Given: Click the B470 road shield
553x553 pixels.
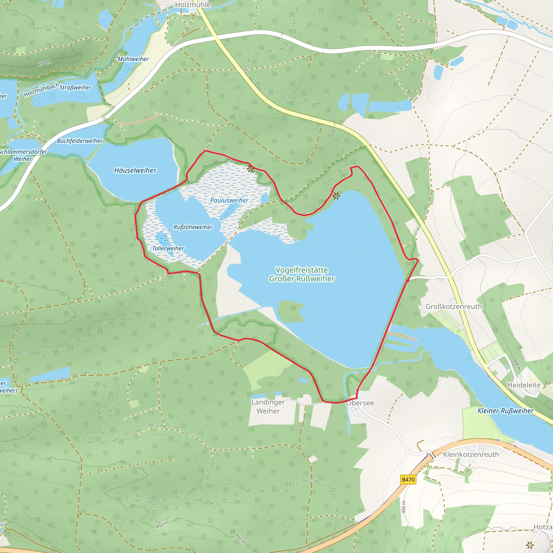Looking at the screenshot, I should pyautogui.click(x=408, y=480).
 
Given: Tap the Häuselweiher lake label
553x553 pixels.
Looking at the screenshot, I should pyautogui.click(x=135, y=170).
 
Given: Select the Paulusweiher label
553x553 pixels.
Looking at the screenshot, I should pyautogui.click(x=229, y=200).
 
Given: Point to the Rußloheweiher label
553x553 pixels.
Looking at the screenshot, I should pyautogui.click(x=193, y=227).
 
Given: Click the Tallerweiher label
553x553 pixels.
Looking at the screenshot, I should pyautogui.click(x=168, y=248).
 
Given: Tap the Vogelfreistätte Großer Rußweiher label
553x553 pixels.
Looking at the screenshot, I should pyautogui.click(x=301, y=274).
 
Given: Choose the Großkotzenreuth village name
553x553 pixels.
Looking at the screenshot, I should pyautogui.click(x=453, y=306).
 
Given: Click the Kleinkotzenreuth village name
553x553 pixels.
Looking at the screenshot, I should pyautogui.click(x=471, y=454).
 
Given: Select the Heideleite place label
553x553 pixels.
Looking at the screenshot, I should pyautogui.click(x=524, y=385).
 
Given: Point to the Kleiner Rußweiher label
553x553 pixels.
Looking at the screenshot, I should pyautogui.click(x=505, y=411).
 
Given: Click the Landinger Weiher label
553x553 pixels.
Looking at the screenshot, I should pyautogui.click(x=268, y=406).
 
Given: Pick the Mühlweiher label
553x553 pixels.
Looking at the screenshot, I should pyautogui.click(x=133, y=59).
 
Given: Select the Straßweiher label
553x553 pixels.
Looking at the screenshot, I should pyautogui.click(x=75, y=87).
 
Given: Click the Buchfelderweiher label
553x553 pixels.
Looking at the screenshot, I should pyautogui.click(x=80, y=141).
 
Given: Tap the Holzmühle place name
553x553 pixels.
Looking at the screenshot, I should pyautogui.click(x=193, y=5).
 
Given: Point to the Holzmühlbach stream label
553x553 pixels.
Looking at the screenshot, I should pyautogui.click(x=41, y=90).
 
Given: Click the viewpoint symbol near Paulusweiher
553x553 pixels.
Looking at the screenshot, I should pyautogui.click(x=250, y=169).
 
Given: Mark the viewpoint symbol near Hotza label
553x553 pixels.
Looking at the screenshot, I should pyautogui.click(x=530, y=545).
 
